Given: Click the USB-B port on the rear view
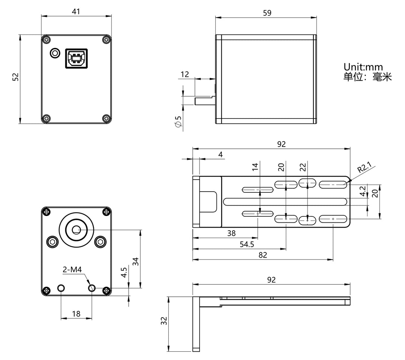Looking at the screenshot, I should [x=76, y=58].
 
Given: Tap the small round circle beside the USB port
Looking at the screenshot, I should [x=55, y=53].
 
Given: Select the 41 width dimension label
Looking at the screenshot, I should [x=76, y=12].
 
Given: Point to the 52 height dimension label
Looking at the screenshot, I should [x=15, y=77].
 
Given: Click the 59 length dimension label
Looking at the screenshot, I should [x=267, y=13].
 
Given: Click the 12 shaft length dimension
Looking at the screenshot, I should [x=185, y=74].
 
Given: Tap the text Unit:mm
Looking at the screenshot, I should [x=363, y=67].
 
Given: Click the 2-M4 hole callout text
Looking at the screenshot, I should [x=72, y=269].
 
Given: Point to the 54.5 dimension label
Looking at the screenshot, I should [x=247, y=244].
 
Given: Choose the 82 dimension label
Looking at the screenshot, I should [x=263, y=255].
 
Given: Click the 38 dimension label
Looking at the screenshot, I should [x=231, y=233].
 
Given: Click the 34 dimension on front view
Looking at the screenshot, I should [x=136, y=261].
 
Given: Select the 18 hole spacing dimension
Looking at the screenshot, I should [x=76, y=313].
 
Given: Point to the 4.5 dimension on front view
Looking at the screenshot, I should [x=124, y=272].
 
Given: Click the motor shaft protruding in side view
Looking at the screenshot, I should [x=204, y=100].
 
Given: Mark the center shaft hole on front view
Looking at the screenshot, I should [x=76, y=229].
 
